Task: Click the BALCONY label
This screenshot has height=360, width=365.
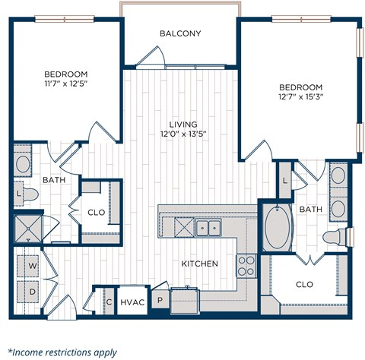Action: click(x=180, y=33)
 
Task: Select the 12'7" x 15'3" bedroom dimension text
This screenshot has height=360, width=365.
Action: click(x=302, y=98)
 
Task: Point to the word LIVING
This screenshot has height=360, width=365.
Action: click(x=183, y=124)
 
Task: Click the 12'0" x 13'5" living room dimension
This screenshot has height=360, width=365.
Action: click(x=182, y=134)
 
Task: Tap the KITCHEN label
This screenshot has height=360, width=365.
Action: click(x=200, y=264)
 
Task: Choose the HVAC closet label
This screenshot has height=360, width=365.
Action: click(x=132, y=302)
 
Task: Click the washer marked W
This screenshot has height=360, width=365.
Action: click(x=33, y=267)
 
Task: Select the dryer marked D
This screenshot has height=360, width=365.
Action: click(x=33, y=291)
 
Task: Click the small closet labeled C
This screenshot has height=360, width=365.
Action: click(x=109, y=302)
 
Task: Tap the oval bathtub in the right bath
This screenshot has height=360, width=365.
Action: click(x=278, y=227)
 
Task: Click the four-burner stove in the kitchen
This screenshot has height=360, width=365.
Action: click(x=246, y=264)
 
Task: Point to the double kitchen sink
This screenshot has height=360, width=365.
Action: click(x=206, y=226)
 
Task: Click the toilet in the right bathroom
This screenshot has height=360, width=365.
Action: click(x=334, y=236)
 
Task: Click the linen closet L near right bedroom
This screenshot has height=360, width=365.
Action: click(x=284, y=181)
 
